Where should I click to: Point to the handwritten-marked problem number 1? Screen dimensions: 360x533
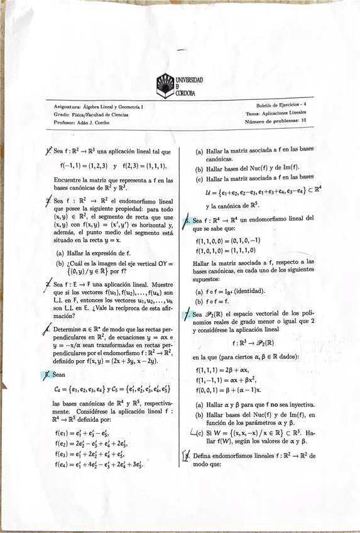click(x=48, y=151)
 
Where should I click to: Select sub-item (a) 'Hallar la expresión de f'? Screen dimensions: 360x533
click(x=93, y=253)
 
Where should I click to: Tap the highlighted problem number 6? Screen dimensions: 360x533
click(x=187, y=221)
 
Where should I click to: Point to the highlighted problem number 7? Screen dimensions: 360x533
click(x=187, y=314)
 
